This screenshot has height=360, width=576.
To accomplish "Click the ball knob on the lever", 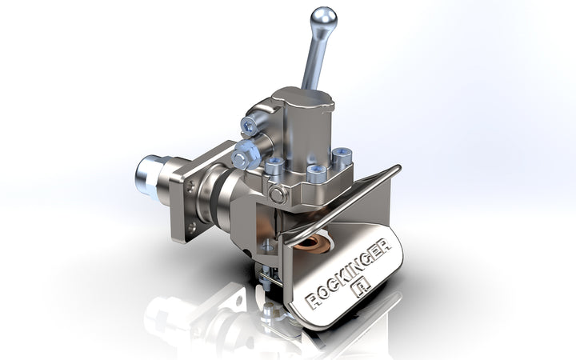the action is [323, 18].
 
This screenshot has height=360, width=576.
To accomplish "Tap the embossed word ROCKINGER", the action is [348, 274].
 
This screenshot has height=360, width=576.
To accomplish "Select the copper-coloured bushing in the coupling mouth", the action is [314, 243].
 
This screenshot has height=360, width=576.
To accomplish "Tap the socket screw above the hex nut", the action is [250, 126].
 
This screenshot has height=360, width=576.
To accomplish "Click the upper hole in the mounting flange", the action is [189, 189].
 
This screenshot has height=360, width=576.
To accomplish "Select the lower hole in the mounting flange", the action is [191, 227].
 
